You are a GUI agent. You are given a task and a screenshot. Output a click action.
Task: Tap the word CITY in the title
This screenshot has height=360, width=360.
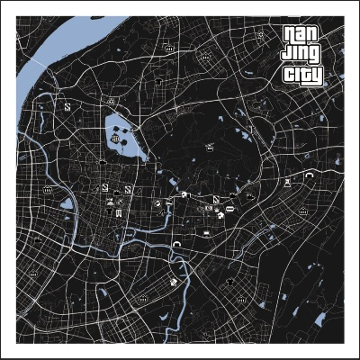pyautogui.click(x=301, y=76)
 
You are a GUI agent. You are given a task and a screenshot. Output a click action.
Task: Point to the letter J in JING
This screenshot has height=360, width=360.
pyautogui.click(x=287, y=57)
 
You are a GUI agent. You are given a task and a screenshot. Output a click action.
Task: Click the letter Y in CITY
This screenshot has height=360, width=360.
pyautogui.click(x=316, y=76)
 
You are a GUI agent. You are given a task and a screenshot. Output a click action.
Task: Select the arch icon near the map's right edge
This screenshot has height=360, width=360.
pyautogui.click(x=310, y=175)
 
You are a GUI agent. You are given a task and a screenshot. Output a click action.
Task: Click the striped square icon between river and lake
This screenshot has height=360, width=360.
pyautogui.click(x=67, y=106)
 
